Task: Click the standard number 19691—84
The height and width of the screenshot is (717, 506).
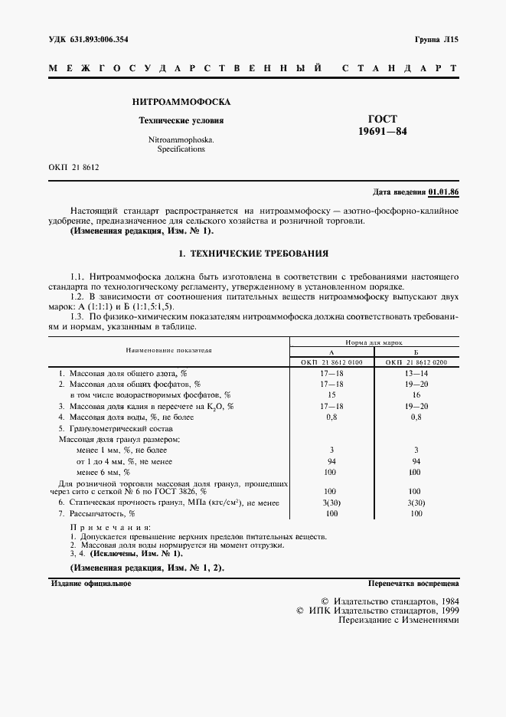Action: point(383,133)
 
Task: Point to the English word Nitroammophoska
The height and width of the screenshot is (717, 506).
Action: point(181,141)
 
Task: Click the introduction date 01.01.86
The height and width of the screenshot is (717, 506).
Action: point(443,192)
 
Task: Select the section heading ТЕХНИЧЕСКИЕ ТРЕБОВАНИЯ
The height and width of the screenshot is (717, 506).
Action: point(261,253)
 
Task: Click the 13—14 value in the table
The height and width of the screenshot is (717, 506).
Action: point(416,372)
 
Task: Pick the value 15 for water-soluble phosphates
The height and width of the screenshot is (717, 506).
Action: point(331,394)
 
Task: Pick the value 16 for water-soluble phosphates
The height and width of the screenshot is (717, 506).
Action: point(416,394)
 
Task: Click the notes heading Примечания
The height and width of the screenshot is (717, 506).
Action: point(109,528)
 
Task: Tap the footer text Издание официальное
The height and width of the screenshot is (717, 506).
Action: point(90,584)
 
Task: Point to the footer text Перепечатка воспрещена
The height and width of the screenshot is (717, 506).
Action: point(413,584)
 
